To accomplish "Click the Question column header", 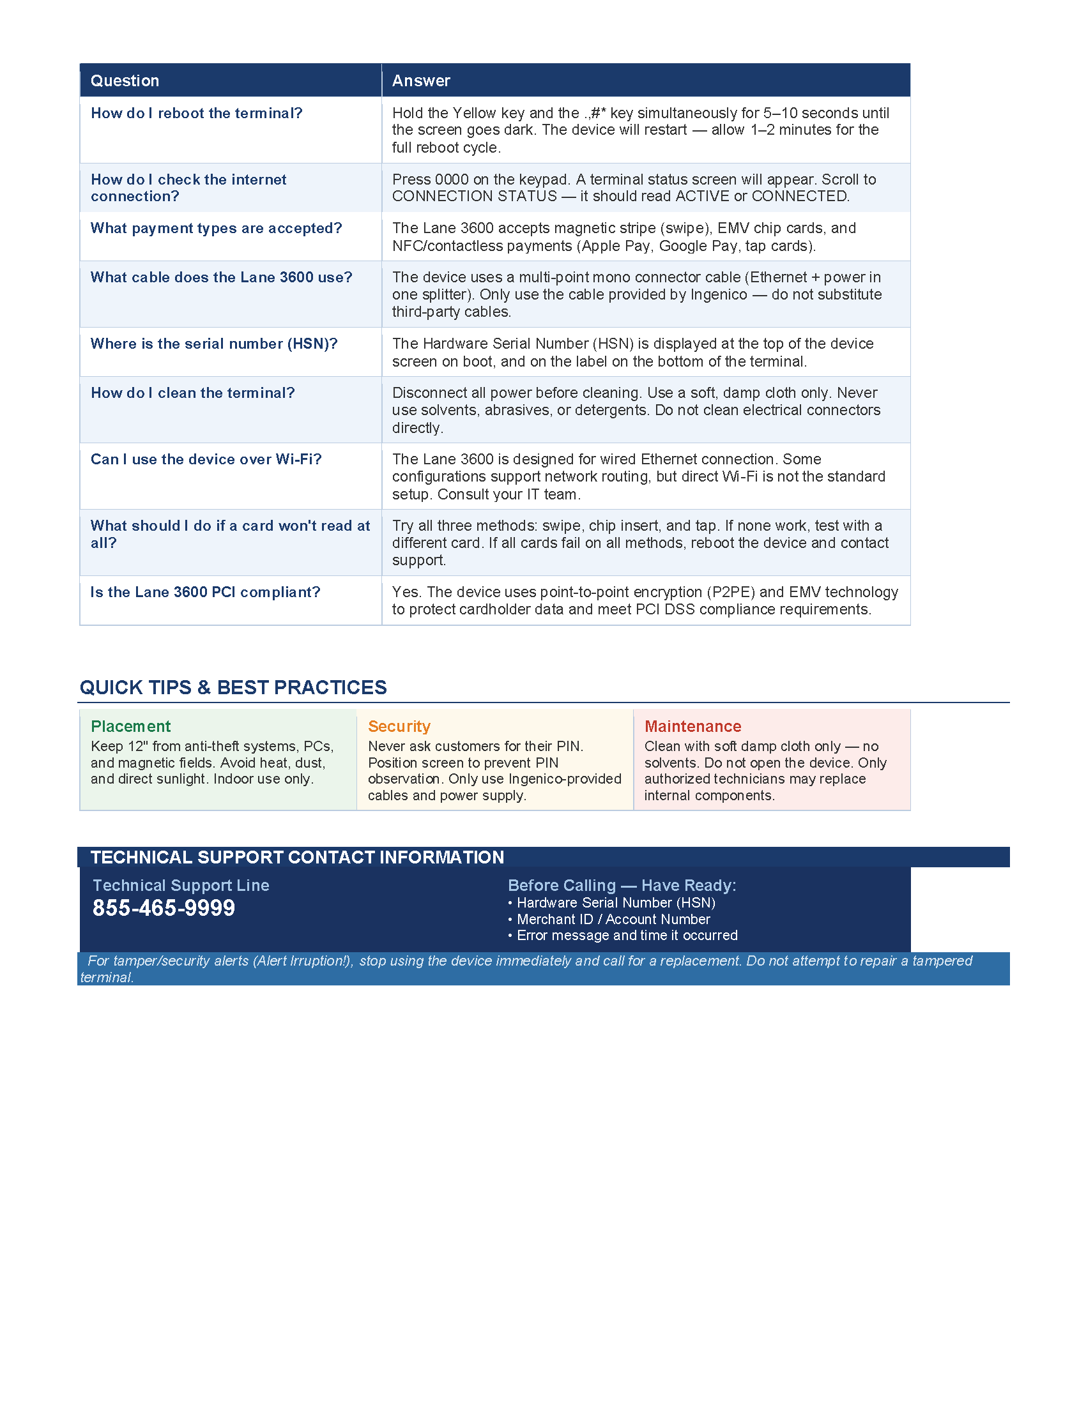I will (125, 80).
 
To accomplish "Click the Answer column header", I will (421, 80).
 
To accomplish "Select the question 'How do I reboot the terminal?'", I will (196, 113).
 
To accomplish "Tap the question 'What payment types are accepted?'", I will (216, 229).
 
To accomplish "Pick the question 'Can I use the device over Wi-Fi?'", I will (206, 459).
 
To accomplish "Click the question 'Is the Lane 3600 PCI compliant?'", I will (205, 592).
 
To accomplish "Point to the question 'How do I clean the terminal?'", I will (192, 393).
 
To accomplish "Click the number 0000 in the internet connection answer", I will (452, 179).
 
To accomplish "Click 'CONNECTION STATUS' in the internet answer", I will (474, 196).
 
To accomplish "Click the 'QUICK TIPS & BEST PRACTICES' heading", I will (233, 687).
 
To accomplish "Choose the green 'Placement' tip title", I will (130, 726).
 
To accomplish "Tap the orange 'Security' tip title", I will (399, 726).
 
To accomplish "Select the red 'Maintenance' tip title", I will (692, 726).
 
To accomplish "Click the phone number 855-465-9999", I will (164, 908).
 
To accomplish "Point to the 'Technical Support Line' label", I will (181, 885).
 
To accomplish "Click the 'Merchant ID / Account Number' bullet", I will (613, 919).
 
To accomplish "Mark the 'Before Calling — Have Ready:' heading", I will (622, 885).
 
